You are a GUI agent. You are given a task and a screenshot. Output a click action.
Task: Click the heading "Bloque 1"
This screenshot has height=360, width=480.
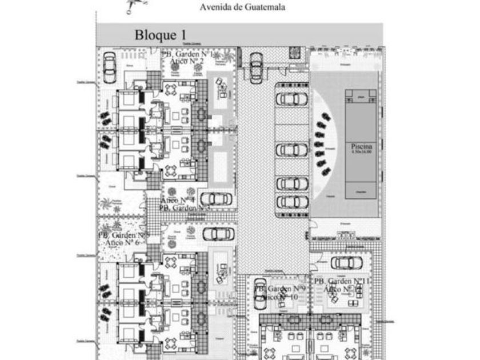[x=159, y=35]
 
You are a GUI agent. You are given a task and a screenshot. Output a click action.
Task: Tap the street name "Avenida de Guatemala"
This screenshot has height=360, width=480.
[x=242, y=8]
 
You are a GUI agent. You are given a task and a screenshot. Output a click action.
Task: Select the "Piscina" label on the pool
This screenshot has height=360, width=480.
[x=361, y=146]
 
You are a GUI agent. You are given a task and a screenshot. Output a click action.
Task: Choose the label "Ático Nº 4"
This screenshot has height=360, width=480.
[x=178, y=201]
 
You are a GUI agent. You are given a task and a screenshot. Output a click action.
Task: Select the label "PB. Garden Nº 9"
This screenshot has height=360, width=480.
[x=280, y=289]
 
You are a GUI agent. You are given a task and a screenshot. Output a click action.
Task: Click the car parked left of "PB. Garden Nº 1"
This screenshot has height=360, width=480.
[x=110, y=66]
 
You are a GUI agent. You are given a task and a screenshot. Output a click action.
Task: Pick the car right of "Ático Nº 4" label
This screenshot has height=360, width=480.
[x=216, y=199]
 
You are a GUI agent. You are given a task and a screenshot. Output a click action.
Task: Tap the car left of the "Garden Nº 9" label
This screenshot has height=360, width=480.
[x=260, y=293]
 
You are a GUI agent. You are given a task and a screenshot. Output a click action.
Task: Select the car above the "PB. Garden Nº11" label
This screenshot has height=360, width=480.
[x=346, y=263]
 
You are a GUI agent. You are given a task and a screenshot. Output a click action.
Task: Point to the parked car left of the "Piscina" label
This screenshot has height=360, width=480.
[x=292, y=150]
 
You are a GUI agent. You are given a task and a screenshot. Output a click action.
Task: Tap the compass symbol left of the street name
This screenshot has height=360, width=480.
[x=134, y=6]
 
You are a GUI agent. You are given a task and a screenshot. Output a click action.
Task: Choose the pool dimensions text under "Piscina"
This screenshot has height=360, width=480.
[x=361, y=152]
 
